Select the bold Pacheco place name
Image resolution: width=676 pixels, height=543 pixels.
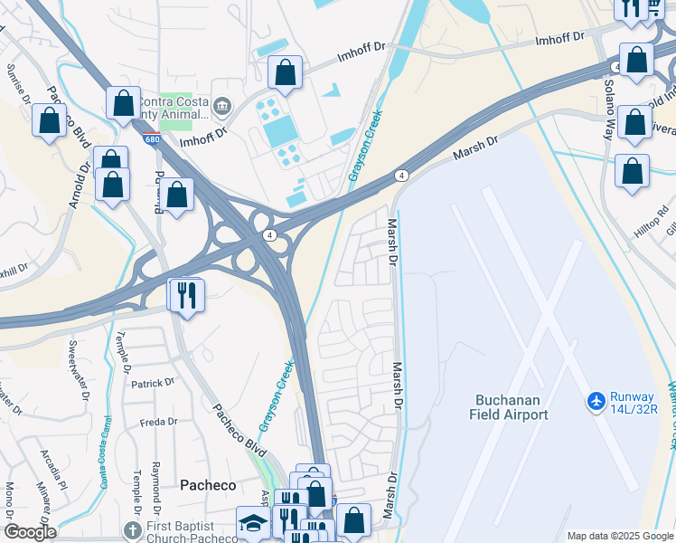pos(208,484)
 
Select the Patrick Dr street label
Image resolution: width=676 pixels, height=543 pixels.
pos(152,383)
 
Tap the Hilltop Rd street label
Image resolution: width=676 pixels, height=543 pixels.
pos(651,222)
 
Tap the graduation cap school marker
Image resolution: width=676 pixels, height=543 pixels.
pos(252,522)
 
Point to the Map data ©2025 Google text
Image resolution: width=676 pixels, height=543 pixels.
pos(619,536)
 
